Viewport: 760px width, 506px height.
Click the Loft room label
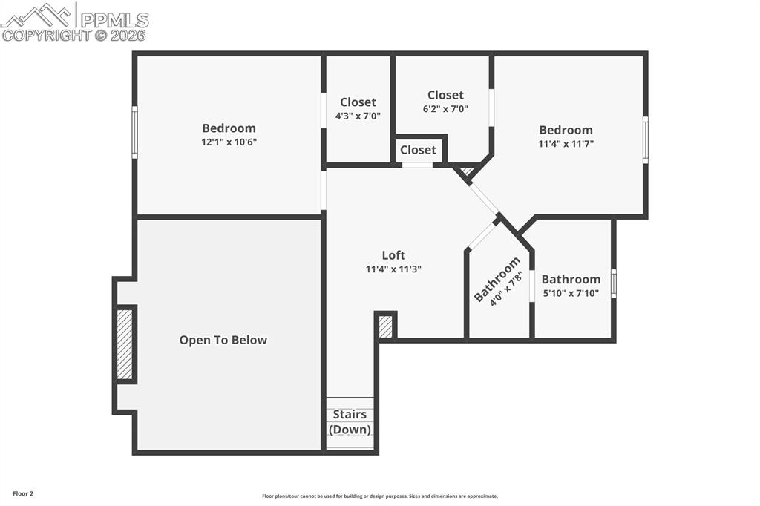click(393, 255)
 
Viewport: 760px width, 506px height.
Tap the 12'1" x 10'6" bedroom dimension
click(229, 142)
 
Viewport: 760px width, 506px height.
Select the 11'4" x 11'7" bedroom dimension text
click(566, 144)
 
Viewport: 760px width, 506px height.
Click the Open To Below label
click(223, 340)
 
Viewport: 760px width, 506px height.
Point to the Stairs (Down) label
click(350, 421)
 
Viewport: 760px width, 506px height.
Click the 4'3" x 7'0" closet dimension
click(358, 116)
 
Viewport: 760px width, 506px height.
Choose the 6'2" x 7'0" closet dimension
click(445, 108)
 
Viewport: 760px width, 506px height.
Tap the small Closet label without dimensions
click(418, 150)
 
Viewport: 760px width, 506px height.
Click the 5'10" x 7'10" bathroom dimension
click(571, 293)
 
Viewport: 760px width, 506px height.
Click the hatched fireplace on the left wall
click(125, 344)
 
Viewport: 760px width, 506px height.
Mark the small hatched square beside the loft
click(385, 326)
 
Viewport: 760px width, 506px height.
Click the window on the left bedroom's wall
click(134, 132)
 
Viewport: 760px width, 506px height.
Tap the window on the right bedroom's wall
click(645, 139)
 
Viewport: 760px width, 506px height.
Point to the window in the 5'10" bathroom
click(613, 283)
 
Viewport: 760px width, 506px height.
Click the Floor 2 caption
click(23, 493)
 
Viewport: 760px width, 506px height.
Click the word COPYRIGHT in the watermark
click(46, 35)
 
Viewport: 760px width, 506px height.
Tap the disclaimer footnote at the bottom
click(379, 496)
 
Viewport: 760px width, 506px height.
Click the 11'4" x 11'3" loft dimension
click(393, 269)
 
